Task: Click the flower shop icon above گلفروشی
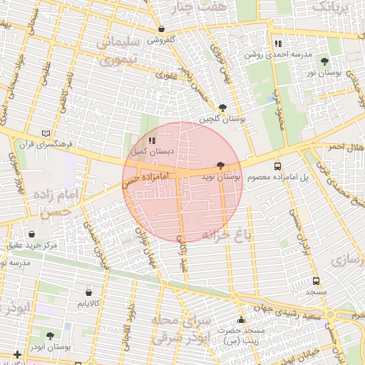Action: [162, 29]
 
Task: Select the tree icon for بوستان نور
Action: [325, 61]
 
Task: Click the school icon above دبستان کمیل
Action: [151, 140]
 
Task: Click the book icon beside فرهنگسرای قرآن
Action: [46, 133]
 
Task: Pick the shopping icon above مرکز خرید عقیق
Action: [32, 234]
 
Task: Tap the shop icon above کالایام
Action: [88, 292]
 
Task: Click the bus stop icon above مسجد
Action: [316, 281]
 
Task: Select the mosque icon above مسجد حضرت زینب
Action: [242, 319]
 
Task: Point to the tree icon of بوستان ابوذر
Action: [50, 335]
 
